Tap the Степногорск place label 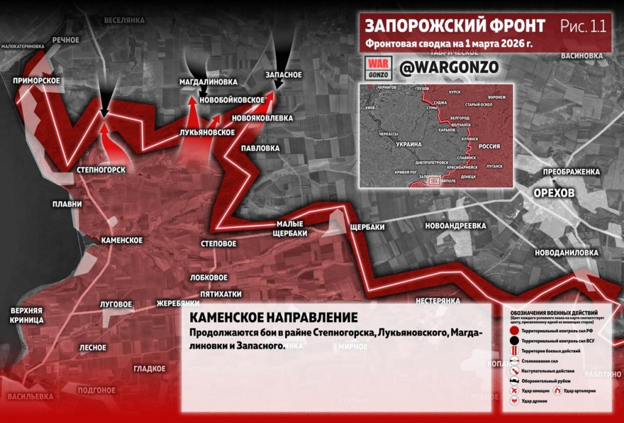click(x=102, y=170)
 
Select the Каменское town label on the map click(x=122, y=240)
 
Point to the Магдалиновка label click(x=205, y=81)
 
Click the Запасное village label click(x=284, y=74)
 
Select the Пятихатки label click(x=225, y=293)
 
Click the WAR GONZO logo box click(x=377, y=68)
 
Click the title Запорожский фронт click(x=455, y=26)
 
